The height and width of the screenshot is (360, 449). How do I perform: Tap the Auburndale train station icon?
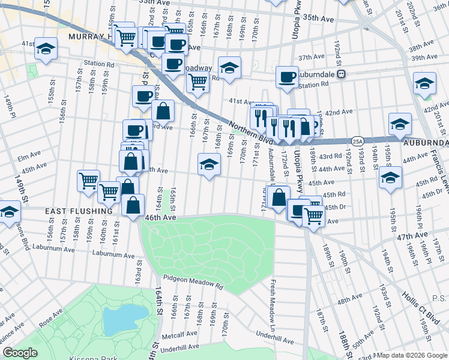[x=341, y=74]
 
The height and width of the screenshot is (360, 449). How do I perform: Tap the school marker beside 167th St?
[x=208, y=164]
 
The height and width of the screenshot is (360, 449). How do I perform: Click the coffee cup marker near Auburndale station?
[x=287, y=77]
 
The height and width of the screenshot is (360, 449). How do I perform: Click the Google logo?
[x=20, y=353]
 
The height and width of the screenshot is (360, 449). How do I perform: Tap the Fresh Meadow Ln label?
[x=273, y=300]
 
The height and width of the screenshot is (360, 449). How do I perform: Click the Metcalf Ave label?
[x=182, y=334]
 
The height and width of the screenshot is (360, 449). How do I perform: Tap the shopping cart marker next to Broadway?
[x=197, y=83]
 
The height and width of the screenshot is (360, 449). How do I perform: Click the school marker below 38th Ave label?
[x=424, y=84]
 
